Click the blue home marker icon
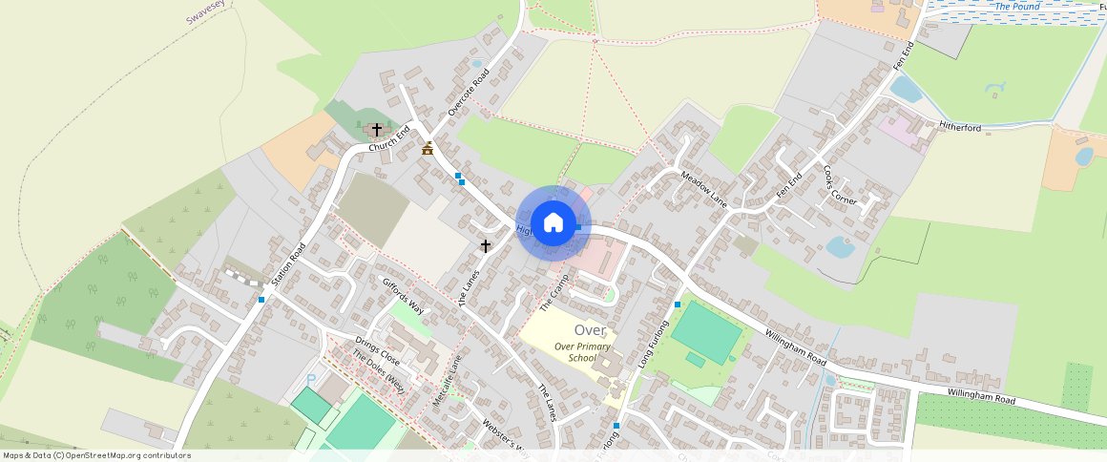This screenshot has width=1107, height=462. (553, 223)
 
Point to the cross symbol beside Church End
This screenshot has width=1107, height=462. (377, 129)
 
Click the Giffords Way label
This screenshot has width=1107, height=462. (403, 295)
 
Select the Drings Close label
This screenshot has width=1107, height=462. (377, 352)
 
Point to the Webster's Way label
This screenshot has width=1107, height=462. (505, 433)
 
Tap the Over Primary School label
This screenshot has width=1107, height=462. (581, 351)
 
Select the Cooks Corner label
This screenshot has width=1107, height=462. (840, 185)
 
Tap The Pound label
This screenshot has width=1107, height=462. (1016, 7)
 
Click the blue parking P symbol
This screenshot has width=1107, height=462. (310, 380)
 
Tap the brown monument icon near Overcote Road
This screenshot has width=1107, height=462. (428, 148)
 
